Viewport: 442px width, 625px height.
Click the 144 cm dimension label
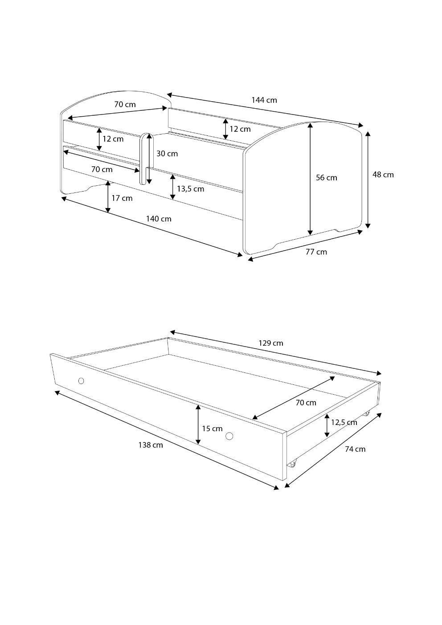(264, 100)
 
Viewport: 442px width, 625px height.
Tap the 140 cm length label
(159, 219)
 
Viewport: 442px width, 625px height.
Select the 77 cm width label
(316, 252)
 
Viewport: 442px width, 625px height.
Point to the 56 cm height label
(327, 178)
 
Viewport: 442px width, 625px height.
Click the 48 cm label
(383, 175)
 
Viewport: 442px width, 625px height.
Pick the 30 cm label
(167, 154)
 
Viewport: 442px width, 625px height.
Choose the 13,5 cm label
(190, 189)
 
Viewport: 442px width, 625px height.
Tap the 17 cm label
(122, 198)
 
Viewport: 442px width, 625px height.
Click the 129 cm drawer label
(271, 343)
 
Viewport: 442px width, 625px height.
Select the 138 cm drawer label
(151, 445)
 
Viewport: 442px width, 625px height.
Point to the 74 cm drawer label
(355, 449)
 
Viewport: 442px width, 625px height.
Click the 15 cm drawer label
(212, 429)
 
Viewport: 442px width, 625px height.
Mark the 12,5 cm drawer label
(344, 422)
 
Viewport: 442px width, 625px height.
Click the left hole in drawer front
(81, 380)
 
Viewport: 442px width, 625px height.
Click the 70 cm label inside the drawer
(306, 403)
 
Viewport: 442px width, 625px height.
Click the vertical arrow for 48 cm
(368, 180)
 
